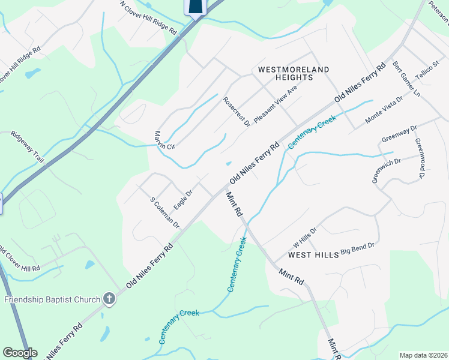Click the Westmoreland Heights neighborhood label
(x=294, y=73)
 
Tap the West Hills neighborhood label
(x=313, y=255)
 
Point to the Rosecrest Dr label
(x=236, y=112)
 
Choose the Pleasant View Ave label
(x=276, y=104)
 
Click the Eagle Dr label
(x=182, y=200)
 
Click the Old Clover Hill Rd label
(x=19, y=259)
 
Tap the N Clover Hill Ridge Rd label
(x=148, y=17)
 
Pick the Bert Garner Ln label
(x=406, y=79)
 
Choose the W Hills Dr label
(x=304, y=237)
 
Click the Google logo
(x=20, y=352)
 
